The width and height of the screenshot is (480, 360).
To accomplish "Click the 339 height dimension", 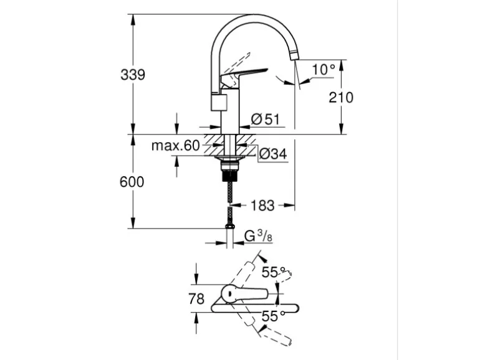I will click(132, 75).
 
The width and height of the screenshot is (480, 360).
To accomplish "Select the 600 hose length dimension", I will click(132, 182).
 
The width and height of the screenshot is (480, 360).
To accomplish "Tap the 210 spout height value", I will click(340, 97).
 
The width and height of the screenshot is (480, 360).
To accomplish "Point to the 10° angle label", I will click(324, 69).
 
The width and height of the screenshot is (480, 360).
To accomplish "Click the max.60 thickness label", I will click(175, 146).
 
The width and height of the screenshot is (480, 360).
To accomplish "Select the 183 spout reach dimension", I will click(262, 205).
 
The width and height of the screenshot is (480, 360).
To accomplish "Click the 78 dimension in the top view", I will click(196, 299).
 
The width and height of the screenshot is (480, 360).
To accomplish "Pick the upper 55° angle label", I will click(273, 272).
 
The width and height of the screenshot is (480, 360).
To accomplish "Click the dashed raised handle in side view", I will click(236, 63).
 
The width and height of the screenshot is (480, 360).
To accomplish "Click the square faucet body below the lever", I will click(221, 102).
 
